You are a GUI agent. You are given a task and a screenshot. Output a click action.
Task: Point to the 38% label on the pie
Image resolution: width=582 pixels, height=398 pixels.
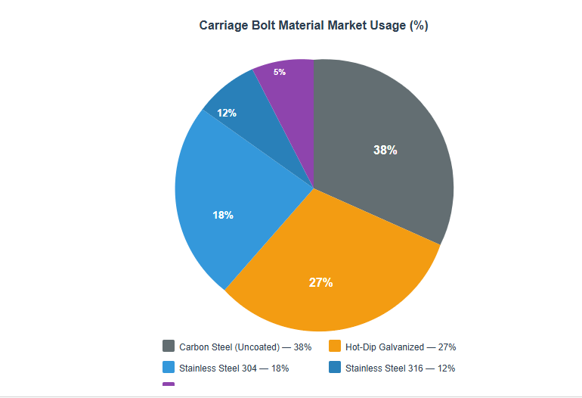385,150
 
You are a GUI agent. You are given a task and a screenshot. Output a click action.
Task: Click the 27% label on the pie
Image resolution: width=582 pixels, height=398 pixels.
320,282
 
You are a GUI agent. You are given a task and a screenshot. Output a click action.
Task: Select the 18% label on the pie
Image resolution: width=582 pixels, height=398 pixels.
223,215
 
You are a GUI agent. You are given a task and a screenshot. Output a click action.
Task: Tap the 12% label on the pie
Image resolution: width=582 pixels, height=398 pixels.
227,113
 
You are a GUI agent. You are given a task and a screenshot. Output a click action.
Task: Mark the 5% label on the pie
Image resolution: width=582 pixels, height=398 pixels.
280,72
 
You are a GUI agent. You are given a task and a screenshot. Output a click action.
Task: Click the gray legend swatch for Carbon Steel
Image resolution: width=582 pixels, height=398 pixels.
169,347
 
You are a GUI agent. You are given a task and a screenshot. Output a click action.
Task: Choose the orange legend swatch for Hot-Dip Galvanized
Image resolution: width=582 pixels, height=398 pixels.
335,347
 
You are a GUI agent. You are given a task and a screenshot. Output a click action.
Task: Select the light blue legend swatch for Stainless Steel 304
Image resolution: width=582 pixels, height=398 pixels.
169,368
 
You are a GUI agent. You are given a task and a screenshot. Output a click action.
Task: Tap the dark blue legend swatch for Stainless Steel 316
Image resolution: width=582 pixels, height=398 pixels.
335,368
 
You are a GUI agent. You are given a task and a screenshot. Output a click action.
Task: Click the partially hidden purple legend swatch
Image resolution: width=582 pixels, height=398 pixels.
169,384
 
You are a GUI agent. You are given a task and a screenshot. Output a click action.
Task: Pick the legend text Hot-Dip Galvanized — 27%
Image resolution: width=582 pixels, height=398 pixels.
400,347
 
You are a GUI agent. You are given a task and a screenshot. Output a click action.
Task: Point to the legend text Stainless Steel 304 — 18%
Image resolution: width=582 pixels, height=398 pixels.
234,368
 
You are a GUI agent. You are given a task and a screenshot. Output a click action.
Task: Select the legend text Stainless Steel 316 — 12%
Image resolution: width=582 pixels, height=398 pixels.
400,368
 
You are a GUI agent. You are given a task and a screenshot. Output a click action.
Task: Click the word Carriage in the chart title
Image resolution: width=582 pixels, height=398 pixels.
224,26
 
